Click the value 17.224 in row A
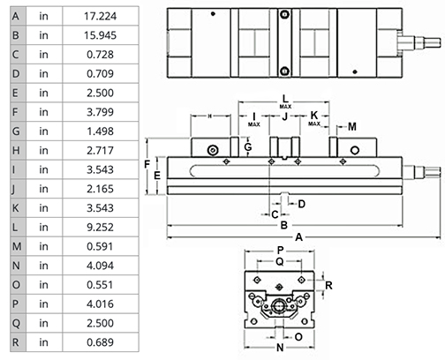102,15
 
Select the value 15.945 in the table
102,35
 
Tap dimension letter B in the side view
283,225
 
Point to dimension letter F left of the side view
147,165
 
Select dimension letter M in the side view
352,127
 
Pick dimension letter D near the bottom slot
301,204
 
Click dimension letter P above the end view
280,251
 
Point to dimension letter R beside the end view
328,285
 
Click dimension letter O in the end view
298,335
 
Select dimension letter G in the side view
248,147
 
